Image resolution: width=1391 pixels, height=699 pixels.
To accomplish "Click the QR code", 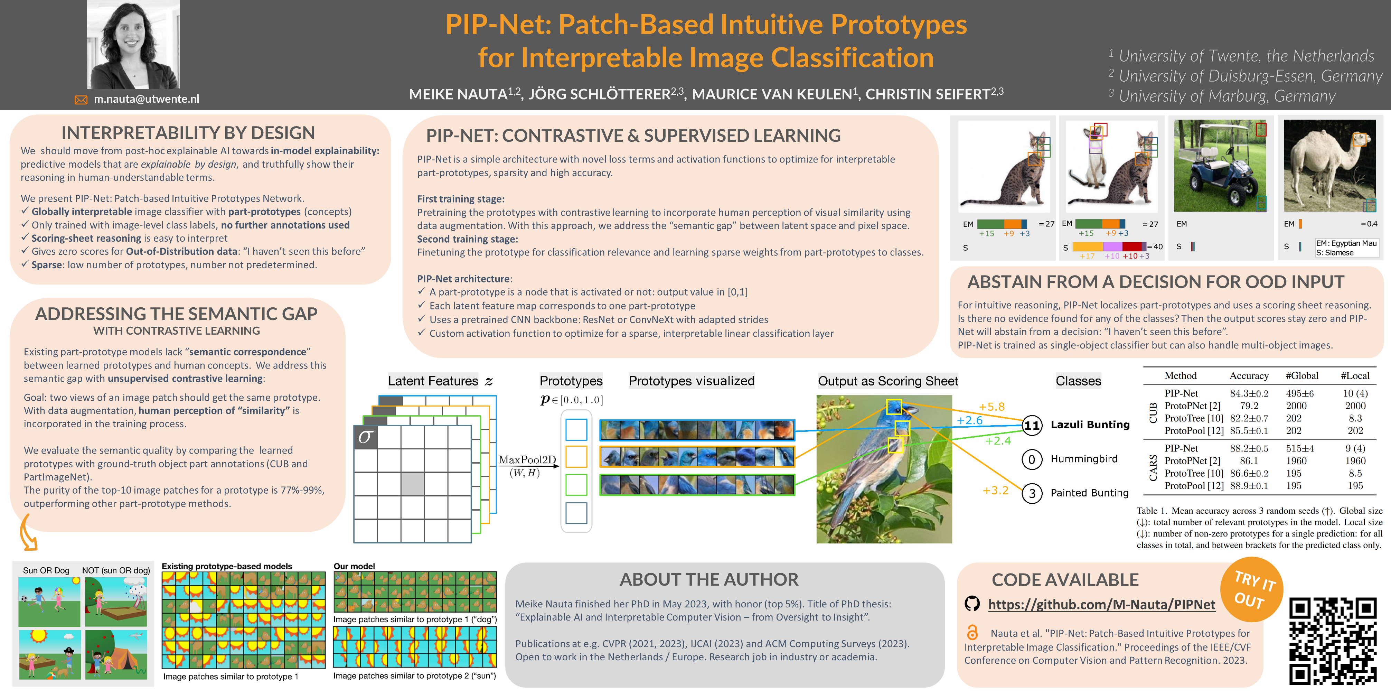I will (1332, 641).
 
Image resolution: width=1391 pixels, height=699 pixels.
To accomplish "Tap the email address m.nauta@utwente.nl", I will (146, 99).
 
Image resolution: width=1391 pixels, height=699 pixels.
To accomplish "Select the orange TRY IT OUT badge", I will (1252, 590).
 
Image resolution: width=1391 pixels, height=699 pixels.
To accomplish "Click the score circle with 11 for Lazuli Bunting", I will (1031, 425).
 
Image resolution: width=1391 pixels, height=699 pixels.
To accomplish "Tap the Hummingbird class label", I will (1084, 459).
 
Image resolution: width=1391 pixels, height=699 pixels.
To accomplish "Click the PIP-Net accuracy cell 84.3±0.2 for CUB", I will (1248, 393).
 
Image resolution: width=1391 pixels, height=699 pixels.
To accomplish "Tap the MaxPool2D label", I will (527, 460).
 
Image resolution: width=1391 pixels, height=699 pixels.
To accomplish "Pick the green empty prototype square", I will (576, 485).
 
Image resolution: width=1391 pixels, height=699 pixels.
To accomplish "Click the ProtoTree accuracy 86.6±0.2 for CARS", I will (1248, 473).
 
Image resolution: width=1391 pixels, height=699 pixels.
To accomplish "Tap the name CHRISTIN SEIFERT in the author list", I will (928, 94).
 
